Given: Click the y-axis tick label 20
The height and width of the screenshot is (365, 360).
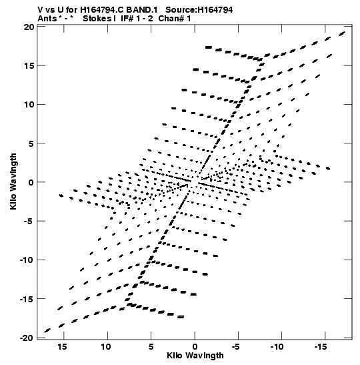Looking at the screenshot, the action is (29, 27).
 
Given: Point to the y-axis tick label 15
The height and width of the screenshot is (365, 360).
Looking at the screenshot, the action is (29, 66).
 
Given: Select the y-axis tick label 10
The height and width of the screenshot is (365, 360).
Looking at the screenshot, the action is (29, 105).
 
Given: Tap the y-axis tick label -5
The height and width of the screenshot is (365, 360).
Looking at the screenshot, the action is (29, 222).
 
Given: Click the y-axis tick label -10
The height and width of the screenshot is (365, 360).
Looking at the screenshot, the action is (27, 260).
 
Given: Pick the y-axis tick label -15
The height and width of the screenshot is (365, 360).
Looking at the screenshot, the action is (27, 299).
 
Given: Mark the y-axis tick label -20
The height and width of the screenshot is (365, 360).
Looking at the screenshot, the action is (27, 338).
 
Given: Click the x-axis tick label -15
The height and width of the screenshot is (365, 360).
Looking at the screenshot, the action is (321, 347).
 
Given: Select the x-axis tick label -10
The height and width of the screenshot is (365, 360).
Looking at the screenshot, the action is (277, 347).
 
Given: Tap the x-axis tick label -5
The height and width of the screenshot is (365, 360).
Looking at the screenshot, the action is (235, 347).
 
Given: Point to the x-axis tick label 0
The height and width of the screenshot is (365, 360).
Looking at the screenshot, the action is (195, 347).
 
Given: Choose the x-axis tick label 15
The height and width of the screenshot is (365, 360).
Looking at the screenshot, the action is (62, 347).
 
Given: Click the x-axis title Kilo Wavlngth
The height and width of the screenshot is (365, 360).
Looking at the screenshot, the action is (195, 356).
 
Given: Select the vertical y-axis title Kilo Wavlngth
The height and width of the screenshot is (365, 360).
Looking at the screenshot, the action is (13, 181).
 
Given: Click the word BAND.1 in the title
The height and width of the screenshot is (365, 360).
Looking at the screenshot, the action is (141, 10).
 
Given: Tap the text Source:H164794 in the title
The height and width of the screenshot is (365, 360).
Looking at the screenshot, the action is (199, 10).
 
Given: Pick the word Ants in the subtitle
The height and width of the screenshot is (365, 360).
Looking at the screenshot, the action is (47, 19).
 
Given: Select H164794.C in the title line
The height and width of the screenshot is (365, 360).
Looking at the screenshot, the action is (102, 10).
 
